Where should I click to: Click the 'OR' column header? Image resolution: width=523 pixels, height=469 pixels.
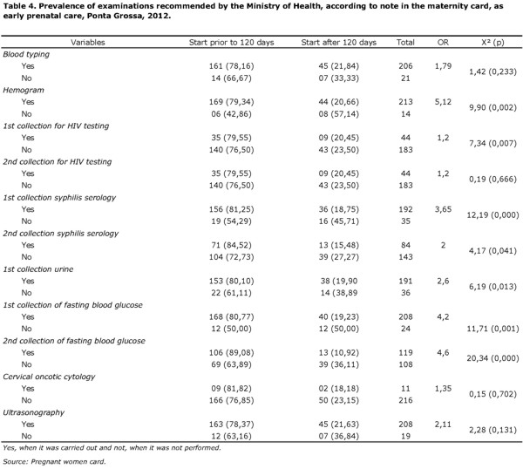[443, 43]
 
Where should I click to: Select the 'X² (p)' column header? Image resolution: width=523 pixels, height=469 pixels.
[492, 43]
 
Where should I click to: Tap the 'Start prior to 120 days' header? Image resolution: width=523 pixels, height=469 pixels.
[232, 43]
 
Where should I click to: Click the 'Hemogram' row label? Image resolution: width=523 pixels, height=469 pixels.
[24, 90]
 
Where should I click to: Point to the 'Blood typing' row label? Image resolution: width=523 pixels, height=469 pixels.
[26, 54]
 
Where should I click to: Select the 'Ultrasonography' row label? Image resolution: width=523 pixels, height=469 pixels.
[34, 412]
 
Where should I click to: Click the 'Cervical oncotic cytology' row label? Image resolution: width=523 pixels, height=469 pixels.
[49, 377]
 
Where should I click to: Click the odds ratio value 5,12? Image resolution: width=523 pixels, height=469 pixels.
[443, 102]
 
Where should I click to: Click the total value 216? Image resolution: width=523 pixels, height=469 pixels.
[405, 400]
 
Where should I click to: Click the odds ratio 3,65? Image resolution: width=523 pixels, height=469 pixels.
[443, 209]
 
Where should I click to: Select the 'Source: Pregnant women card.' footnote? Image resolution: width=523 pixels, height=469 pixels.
[54, 462]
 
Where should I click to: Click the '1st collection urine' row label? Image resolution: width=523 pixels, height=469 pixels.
[38, 269]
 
